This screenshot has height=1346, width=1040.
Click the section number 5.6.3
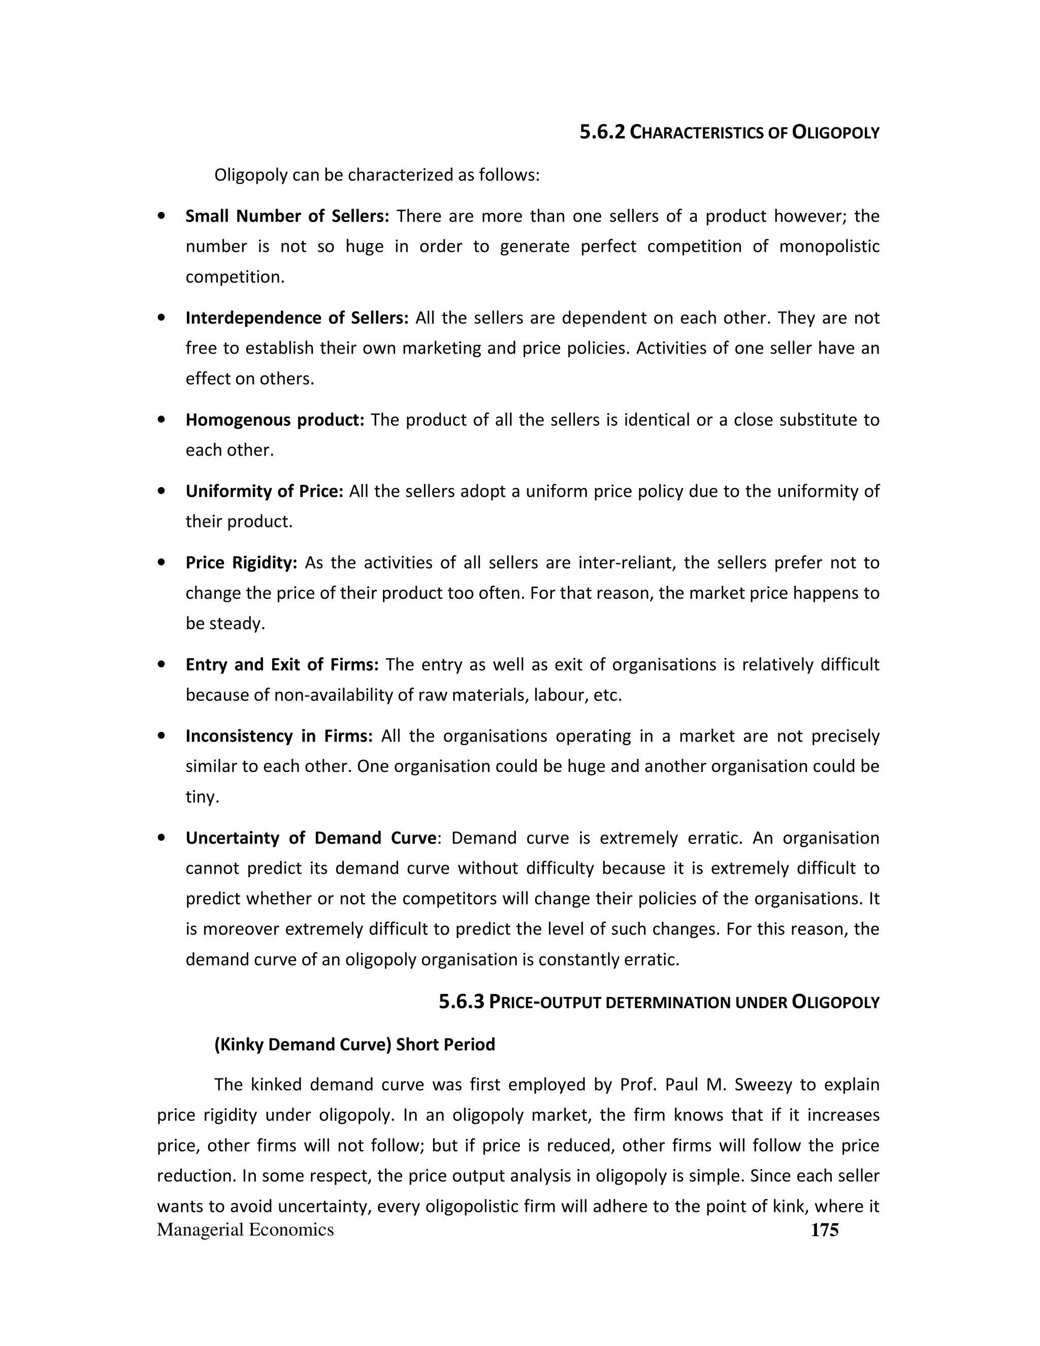point(462,1002)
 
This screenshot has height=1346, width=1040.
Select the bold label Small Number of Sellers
point(287,216)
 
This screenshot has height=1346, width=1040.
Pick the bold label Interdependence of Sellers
point(297,318)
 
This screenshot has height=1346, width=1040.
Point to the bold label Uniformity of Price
point(264,492)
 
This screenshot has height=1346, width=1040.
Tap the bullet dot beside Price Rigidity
point(161,563)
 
